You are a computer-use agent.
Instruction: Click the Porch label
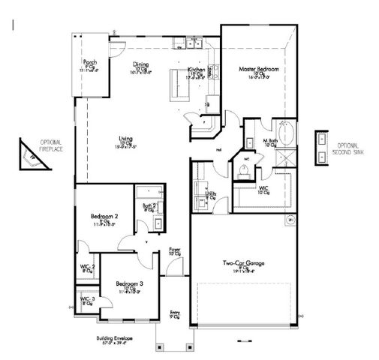90,63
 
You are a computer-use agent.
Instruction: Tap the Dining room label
140,64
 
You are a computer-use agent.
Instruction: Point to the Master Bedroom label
259,69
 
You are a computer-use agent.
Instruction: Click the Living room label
126,138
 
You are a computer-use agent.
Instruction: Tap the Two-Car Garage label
242,263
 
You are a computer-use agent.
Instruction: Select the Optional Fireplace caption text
51,145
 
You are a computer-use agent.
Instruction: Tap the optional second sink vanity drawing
321,146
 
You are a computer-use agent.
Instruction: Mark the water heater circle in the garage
290,220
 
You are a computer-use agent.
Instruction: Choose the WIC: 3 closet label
87,300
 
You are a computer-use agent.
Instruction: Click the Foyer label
175,251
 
